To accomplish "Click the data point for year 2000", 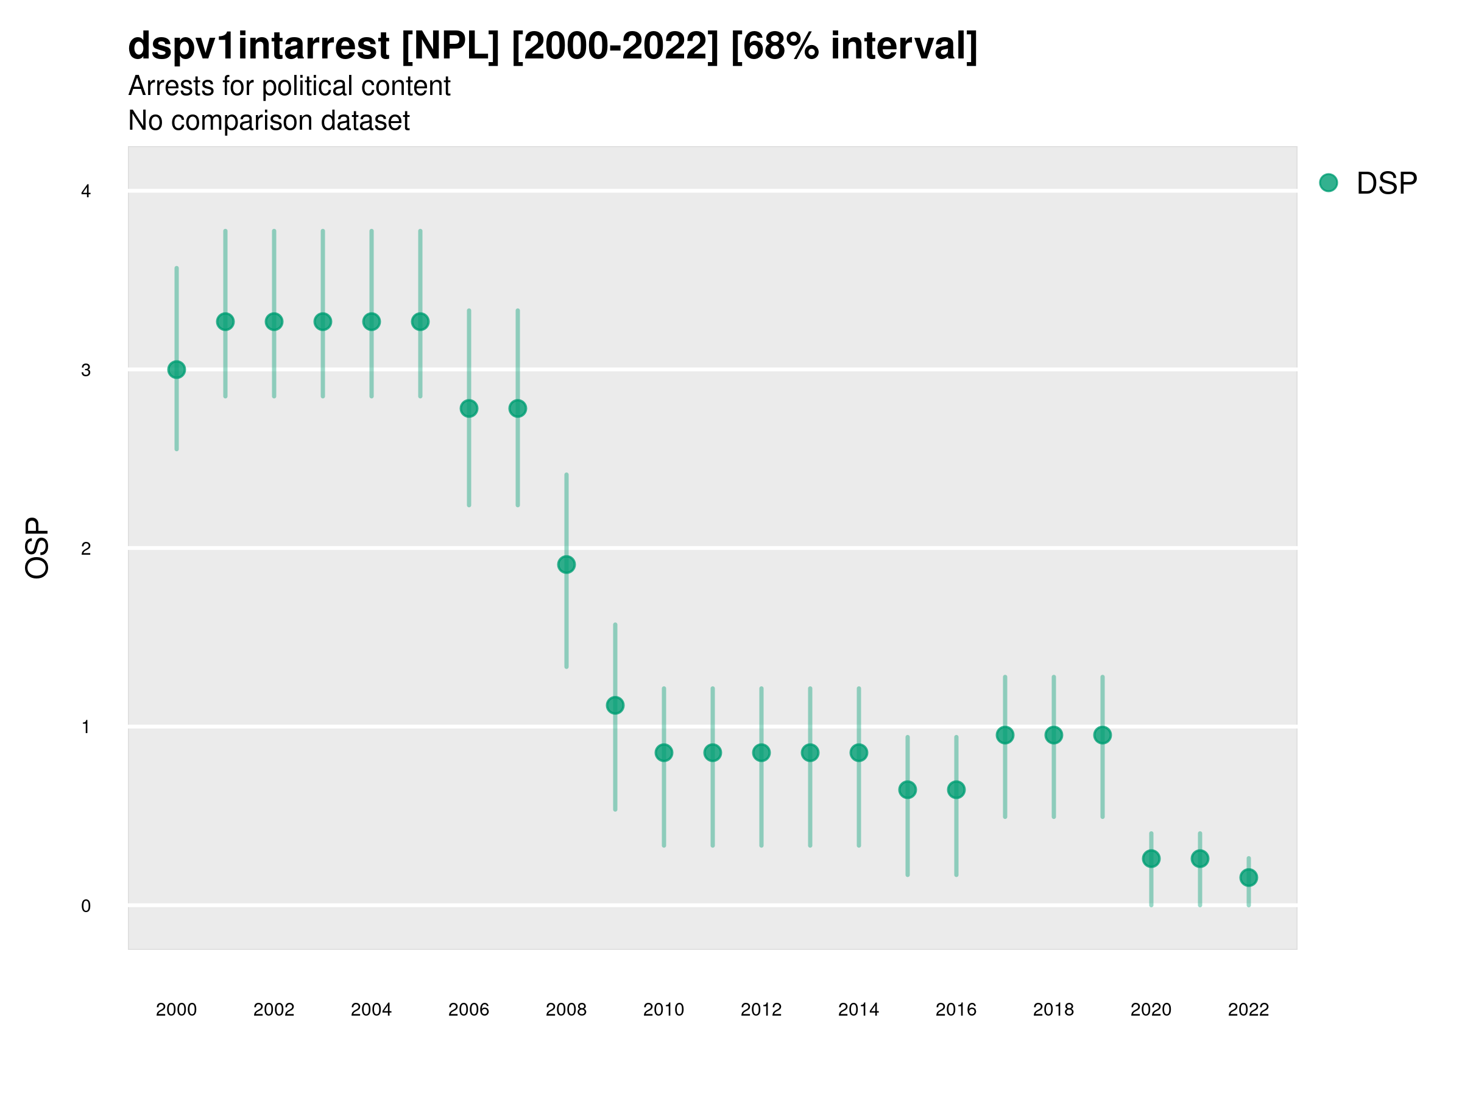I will pyautogui.click(x=177, y=370).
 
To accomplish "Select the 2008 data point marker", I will pyautogui.click(x=567, y=565).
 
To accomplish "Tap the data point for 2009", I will pyautogui.click(x=615, y=706).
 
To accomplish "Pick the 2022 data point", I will pyautogui.click(x=1249, y=877).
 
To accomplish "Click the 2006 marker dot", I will pyautogui.click(x=469, y=409).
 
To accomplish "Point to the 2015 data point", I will pyautogui.click(x=908, y=790).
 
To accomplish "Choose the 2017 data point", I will pyautogui.click(x=1005, y=736).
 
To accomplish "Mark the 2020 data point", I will pyautogui.click(x=1151, y=859).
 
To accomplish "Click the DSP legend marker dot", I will pyautogui.click(x=1329, y=183).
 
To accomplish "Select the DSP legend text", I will pyautogui.click(x=1386, y=184).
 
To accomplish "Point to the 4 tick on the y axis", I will pyautogui.click(x=86, y=192).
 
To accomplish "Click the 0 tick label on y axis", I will pyautogui.click(x=86, y=907).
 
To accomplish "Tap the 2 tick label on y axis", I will pyautogui.click(x=86, y=549).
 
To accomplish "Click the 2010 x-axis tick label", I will pyautogui.click(x=663, y=1010).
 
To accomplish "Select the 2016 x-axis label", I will pyautogui.click(x=956, y=1010).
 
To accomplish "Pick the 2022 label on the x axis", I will pyautogui.click(x=1249, y=1010).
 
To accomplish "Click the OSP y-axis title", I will pyautogui.click(x=37, y=549).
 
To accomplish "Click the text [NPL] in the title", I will pyautogui.click(x=450, y=46).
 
